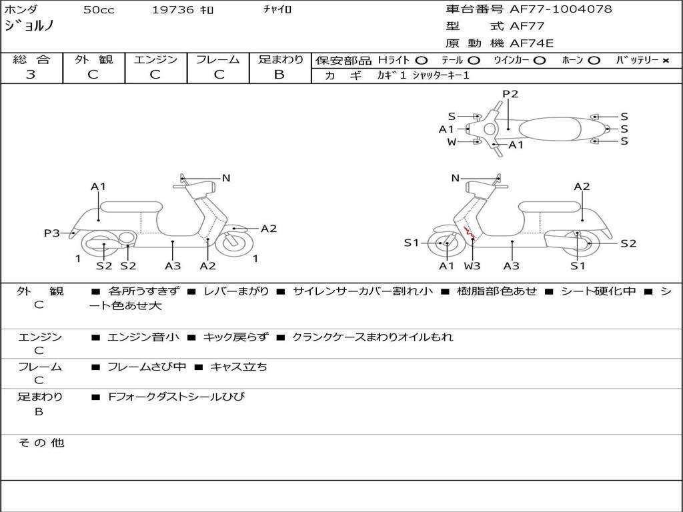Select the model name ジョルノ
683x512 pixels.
[x=29, y=26]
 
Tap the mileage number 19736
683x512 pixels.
[x=172, y=10]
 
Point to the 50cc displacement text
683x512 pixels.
[x=99, y=10]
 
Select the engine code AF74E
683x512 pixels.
[x=532, y=44]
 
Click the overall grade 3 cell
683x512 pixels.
[x=31, y=75]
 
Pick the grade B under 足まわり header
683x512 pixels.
[x=279, y=75]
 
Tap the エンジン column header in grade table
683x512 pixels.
[x=155, y=60]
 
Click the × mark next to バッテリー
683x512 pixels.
[x=666, y=61]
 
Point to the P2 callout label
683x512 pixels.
[x=510, y=94]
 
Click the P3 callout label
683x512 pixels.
[x=52, y=233]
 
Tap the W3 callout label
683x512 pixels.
[x=472, y=266]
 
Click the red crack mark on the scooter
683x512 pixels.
[x=469, y=233]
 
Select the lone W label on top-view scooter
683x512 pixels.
[x=452, y=141]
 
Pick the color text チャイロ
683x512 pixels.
[x=277, y=10]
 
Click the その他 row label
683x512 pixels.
[x=41, y=443]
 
